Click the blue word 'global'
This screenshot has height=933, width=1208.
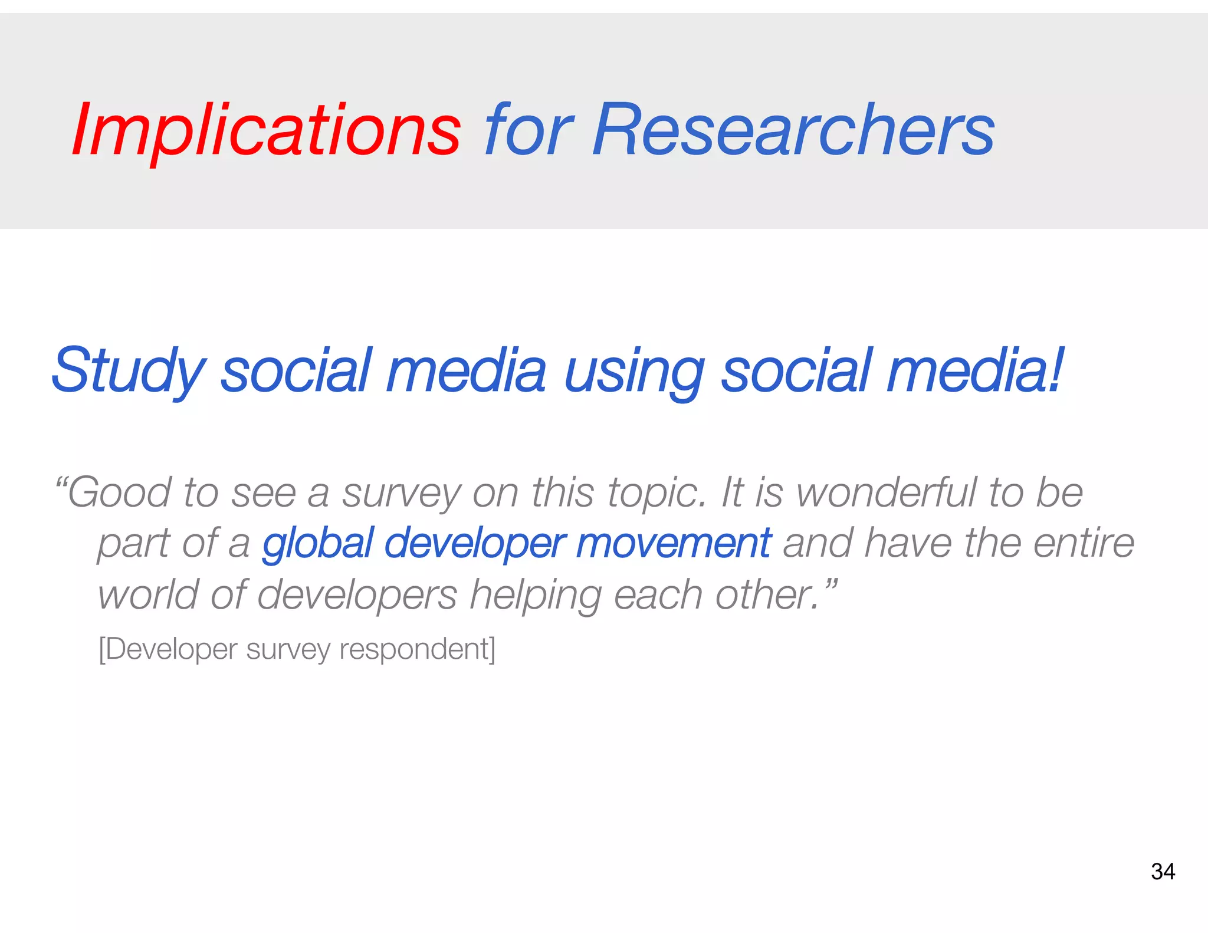pos(318,543)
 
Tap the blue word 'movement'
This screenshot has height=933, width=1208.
pos(673,543)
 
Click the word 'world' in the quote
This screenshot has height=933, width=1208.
pos(148,594)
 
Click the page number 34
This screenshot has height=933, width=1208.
pos(1163,872)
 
